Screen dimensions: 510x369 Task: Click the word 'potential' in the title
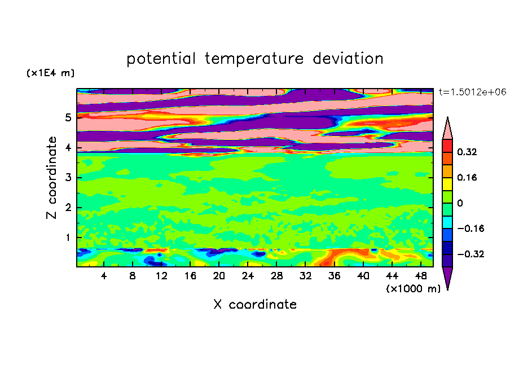tap(161, 59)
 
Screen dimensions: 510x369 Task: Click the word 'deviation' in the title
tap(348, 59)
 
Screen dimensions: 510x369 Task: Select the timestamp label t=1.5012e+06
tap(472, 92)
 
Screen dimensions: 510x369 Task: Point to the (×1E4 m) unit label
tap(50, 73)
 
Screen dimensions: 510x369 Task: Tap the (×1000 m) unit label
tap(413, 289)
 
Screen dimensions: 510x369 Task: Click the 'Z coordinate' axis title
tap(51, 178)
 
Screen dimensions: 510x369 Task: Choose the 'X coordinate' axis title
tap(255, 305)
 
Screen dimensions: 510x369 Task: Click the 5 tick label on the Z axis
tap(68, 117)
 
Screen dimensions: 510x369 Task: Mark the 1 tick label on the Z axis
tap(68, 238)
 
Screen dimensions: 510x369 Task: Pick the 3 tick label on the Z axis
tap(68, 178)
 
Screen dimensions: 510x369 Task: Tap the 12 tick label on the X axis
tap(161, 276)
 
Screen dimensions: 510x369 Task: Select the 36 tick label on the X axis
tap(334, 276)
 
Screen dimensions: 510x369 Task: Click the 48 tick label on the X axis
tap(420, 276)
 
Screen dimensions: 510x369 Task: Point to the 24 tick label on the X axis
tap(248, 276)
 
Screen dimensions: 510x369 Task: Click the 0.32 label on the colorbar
tap(467, 152)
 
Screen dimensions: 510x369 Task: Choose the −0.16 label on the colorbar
tap(471, 229)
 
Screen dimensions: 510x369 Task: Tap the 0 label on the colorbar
tap(460, 203)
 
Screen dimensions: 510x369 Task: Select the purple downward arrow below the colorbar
tap(447, 276)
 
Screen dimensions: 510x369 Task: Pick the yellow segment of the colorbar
tap(447, 184)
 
